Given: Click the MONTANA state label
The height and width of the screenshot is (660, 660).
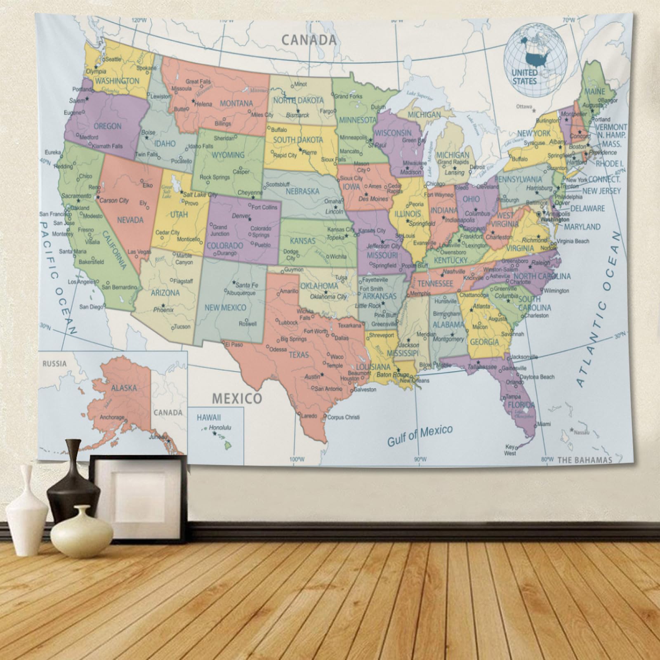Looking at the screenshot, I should (236, 104).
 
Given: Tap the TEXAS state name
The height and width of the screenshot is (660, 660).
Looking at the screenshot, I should (299, 355).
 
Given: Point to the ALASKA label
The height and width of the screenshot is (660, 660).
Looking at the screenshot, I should (124, 388).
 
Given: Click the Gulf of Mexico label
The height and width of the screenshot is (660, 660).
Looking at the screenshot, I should (420, 435).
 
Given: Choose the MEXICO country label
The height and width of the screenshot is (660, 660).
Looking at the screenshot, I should (237, 398).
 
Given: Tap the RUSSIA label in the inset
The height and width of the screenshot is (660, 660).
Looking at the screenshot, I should (54, 364).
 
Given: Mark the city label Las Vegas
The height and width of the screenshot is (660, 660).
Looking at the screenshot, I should (139, 252).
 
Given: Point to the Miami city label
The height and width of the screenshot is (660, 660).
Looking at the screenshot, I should (544, 424).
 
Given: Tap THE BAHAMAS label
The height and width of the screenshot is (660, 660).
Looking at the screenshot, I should (585, 460).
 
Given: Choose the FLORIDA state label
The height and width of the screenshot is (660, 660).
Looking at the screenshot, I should (521, 405).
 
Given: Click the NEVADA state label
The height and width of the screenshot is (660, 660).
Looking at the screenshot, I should (130, 220).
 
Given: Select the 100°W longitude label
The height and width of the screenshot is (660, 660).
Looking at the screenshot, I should (297, 459).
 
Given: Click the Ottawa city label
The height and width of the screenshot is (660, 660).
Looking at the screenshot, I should (524, 106).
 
